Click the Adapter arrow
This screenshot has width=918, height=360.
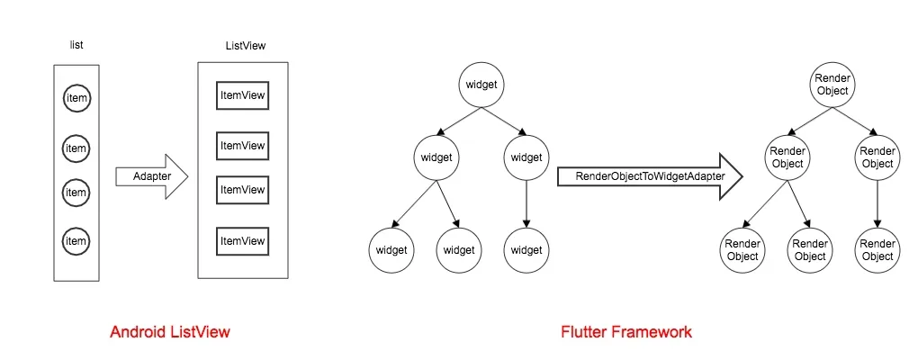click(x=151, y=176)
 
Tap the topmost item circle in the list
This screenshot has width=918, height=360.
click(x=76, y=98)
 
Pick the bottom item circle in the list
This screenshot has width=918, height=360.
click(x=76, y=240)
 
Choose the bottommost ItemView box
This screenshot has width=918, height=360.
click(x=243, y=241)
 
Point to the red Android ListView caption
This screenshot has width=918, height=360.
click(x=170, y=332)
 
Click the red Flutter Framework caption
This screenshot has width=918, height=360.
click(x=626, y=332)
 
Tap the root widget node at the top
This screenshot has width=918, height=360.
click(x=481, y=85)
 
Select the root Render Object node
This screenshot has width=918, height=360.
click(x=832, y=85)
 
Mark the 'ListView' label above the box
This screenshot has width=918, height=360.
click(x=245, y=45)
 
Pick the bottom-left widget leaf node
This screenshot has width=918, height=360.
click(x=391, y=249)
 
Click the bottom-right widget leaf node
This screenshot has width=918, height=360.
click(x=526, y=249)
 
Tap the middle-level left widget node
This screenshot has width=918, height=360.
click(x=436, y=157)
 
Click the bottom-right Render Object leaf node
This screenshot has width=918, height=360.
click(x=877, y=249)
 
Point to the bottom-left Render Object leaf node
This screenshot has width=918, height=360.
click(x=743, y=249)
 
